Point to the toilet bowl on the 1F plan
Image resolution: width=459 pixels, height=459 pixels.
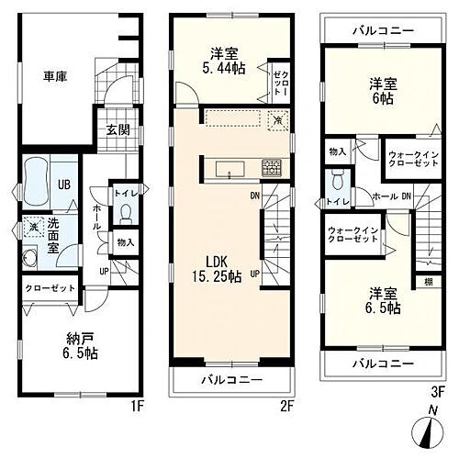click(126, 214)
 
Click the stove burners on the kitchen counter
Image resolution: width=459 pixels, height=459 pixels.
click(272, 167)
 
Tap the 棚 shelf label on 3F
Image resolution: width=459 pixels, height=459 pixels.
click(428, 284)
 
